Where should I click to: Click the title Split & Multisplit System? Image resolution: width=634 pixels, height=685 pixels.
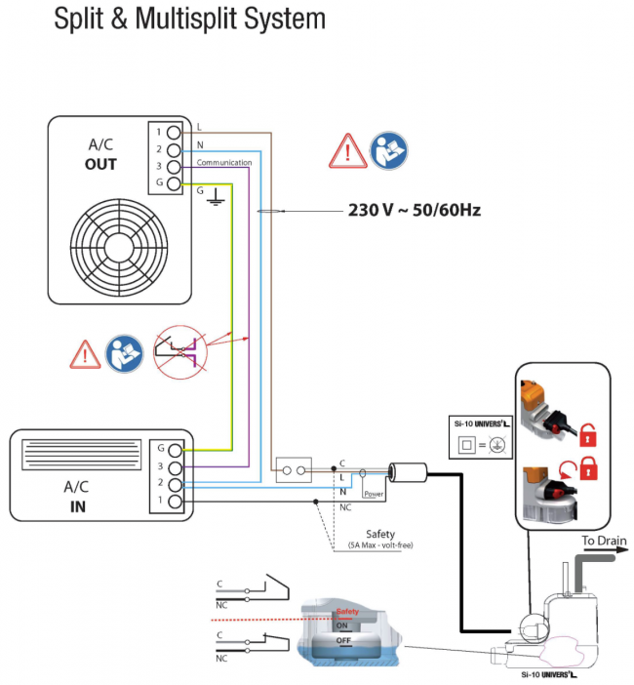189,20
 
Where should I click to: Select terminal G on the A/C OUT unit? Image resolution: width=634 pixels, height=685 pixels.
173,184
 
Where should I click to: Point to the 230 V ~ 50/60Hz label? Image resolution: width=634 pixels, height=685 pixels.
415,210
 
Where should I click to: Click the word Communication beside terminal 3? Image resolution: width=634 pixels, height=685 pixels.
224,163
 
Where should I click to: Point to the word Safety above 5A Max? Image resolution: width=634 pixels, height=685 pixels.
380,534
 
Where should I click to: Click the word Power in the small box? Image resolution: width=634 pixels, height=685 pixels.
374,494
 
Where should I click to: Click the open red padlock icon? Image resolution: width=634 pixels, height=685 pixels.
588,471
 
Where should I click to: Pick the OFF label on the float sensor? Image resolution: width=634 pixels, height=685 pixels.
342,640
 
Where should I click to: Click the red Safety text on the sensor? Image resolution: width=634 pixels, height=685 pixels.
347,612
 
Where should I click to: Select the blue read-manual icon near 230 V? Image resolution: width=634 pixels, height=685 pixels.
389,152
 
